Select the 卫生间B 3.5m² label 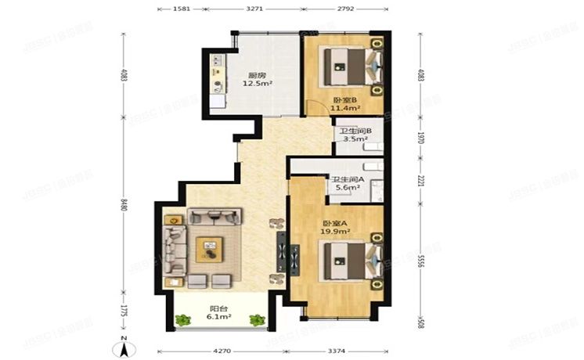click(350, 135)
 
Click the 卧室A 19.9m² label click(333, 227)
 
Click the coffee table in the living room click(210, 248)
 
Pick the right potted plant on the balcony click(256, 319)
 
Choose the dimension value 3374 click(337, 351)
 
